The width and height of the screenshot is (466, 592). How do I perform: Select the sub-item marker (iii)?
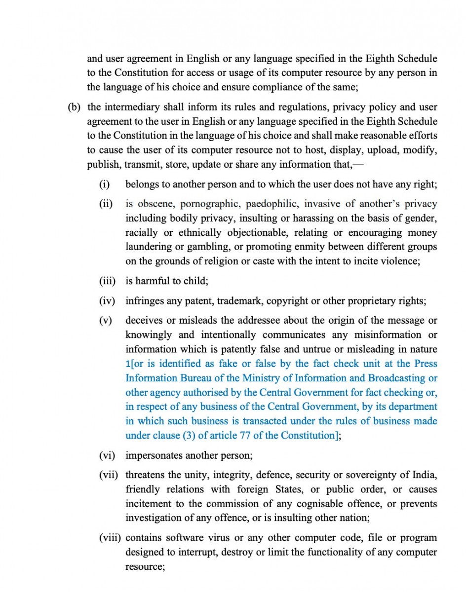[x=107, y=281]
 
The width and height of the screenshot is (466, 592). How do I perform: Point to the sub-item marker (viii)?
[x=110, y=538]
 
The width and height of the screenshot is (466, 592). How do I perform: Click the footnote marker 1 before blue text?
[x=127, y=364]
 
